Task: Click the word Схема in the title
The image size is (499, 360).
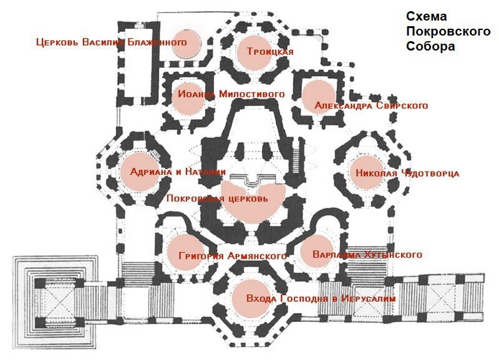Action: tap(427, 17)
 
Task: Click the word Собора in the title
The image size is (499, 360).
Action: tap(430, 46)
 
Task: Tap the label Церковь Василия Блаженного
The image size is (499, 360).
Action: tap(112, 42)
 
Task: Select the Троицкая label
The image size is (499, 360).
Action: tap(269, 51)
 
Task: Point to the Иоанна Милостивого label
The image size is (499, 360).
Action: tap(231, 94)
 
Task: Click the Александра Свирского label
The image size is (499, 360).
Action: tap(371, 105)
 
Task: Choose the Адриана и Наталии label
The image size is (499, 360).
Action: tap(178, 172)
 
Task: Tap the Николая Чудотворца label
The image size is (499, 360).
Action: tap(407, 173)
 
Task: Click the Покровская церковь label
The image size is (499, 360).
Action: tap(217, 199)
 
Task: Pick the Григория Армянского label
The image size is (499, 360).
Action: tap(232, 256)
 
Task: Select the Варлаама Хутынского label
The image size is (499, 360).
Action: tap(366, 255)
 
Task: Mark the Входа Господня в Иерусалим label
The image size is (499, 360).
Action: tap(321, 299)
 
